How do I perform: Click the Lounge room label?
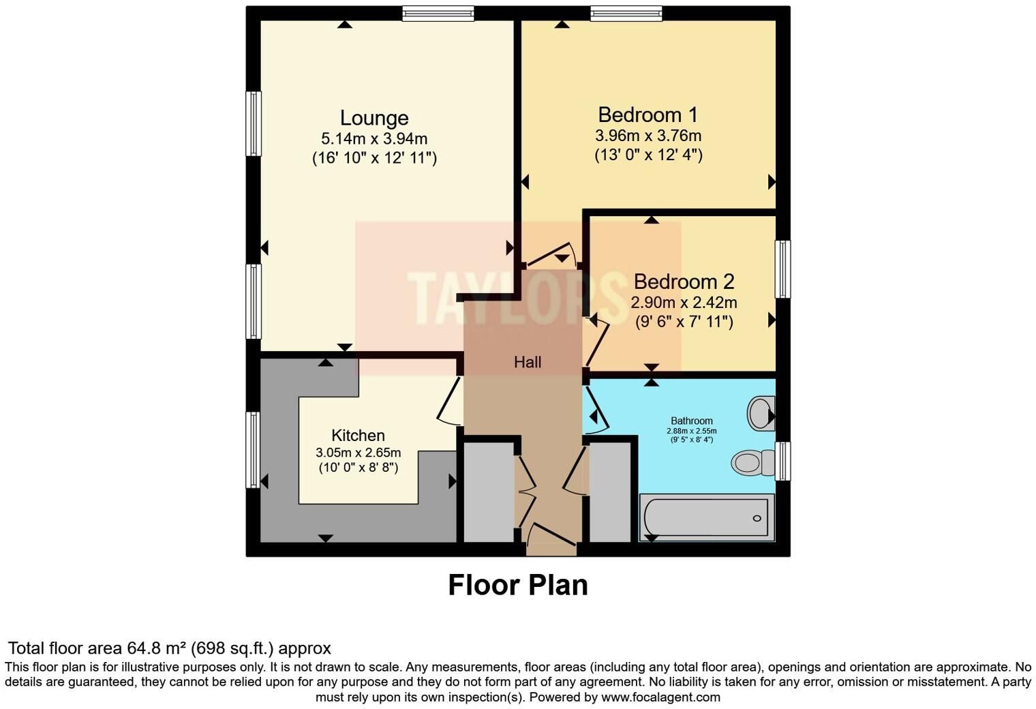[x=374, y=119]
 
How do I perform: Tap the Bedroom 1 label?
[x=647, y=115]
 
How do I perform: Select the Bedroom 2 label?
[x=684, y=282]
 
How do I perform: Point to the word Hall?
[x=528, y=362]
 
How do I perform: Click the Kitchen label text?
[x=358, y=435]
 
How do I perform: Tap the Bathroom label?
[x=691, y=421]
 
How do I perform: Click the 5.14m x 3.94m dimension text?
[x=374, y=138]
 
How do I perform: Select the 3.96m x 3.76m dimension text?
[x=648, y=136]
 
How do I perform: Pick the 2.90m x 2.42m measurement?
[x=684, y=303]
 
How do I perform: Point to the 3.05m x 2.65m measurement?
[x=358, y=452]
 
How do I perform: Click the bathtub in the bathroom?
[x=707, y=517]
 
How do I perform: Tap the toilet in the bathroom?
[x=752, y=462]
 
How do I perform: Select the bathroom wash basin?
[x=761, y=413]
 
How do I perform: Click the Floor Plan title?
[x=518, y=585]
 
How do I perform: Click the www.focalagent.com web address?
[x=661, y=697]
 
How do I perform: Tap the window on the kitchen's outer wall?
[x=253, y=450]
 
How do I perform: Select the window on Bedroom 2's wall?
[x=782, y=269]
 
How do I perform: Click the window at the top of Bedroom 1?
[x=626, y=14]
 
